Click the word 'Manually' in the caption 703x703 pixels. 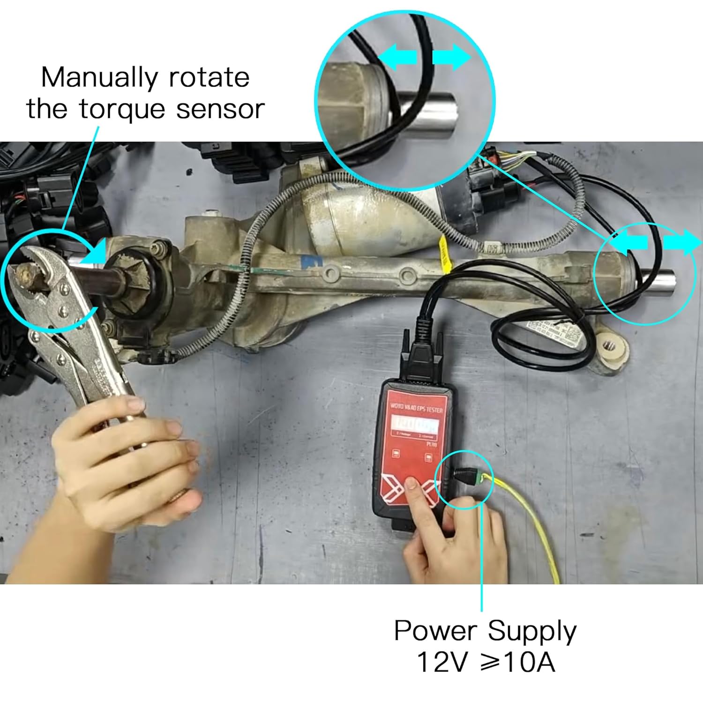(x=99, y=78)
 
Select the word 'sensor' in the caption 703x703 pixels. (x=220, y=109)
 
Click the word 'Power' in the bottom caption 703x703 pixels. (x=434, y=631)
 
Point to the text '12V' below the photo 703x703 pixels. (x=442, y=663)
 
